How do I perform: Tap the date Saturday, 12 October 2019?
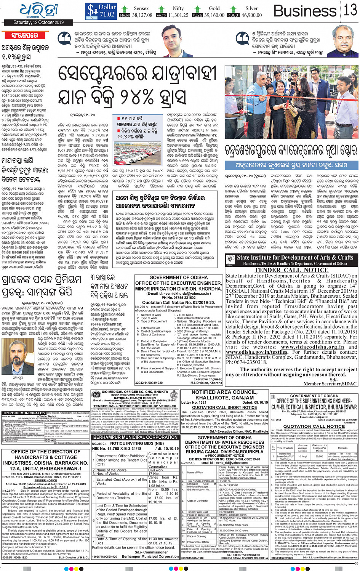(39, 22)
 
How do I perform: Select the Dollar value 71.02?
(107, 14)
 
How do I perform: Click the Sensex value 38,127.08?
(142, 15)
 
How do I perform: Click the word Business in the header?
(305, 11)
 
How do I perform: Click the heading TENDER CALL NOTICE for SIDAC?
(291, 270)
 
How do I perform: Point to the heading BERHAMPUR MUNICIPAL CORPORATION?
(135, 437)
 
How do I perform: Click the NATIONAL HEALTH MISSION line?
(135, 398)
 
